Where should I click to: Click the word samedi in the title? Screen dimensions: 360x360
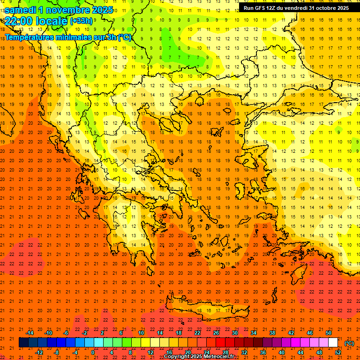coord(21,10)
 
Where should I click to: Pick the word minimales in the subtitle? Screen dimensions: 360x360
coord(81,37)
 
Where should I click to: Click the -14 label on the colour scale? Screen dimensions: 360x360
coord(30,333)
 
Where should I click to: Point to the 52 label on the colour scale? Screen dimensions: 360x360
coord(338,352)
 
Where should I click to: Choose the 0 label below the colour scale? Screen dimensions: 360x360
coord(93,352)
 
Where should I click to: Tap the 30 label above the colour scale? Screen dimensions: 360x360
coord(235,333)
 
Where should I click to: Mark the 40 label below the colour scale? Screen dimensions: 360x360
coord(282,352)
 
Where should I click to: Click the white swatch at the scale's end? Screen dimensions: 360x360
coord(333,343)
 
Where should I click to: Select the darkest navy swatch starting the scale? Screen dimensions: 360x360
coord(23,343)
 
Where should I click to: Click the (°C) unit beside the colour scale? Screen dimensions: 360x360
coord(349,343)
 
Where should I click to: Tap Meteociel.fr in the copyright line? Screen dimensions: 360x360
coord(217,357)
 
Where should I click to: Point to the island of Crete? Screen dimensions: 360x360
coord(206,309)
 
